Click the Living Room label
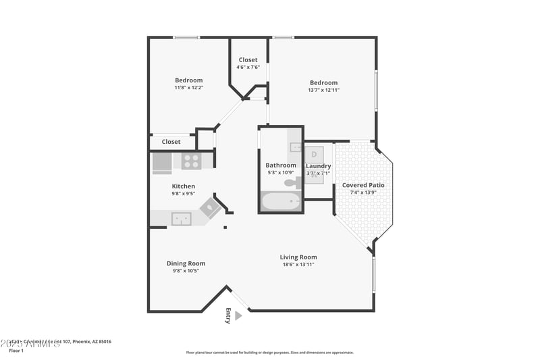298,257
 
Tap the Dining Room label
186,263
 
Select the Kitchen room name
183,186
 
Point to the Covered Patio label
363,185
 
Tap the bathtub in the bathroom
281,201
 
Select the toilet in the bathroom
291,182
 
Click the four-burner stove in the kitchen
190,161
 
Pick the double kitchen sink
180,218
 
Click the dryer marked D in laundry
314,154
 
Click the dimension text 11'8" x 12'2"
188,87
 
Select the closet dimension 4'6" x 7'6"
248,67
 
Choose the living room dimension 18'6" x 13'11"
298,264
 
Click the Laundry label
318,165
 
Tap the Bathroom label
280,165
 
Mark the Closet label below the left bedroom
171,142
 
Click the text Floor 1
16,351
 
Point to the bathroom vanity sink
295,146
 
